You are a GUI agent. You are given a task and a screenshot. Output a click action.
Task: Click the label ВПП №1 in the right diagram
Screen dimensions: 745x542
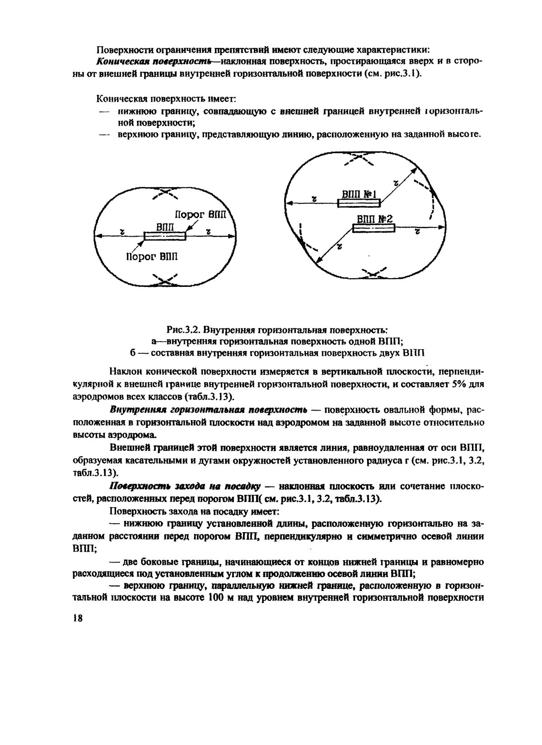360,195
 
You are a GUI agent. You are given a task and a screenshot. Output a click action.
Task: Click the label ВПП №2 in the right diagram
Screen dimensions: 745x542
374,220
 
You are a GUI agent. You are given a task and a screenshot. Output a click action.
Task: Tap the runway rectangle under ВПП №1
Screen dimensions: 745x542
360,204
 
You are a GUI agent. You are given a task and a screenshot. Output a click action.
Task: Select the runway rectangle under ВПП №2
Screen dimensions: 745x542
374,229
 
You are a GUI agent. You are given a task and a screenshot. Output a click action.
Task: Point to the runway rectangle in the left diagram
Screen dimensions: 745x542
165,236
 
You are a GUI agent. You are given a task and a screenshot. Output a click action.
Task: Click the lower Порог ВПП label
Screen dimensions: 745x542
152,257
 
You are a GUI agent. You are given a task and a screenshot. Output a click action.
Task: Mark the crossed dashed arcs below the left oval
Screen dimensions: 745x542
164,280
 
